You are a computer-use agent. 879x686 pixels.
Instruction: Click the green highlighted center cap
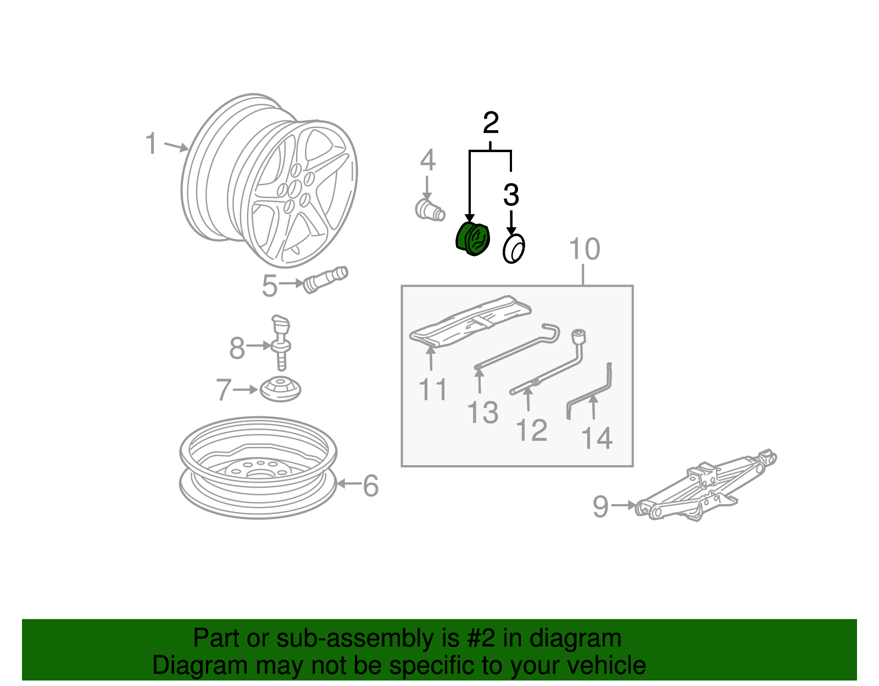coord(472,239)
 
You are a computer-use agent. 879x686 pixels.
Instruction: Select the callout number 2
coord(491,123)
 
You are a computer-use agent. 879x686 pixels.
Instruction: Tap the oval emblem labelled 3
coord(514,249)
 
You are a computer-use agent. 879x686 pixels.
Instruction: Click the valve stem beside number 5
coord(325,280)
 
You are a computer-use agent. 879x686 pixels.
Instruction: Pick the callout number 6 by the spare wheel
coord(370,486)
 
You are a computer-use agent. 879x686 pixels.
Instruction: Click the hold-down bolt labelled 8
coord(281,343)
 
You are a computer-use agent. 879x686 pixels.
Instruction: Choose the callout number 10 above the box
coord(584,249)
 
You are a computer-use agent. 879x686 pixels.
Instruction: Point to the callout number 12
coord(532,430)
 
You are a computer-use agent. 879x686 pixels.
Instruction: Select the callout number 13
coord(482,412)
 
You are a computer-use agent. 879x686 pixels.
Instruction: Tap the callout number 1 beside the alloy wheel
coord(151,143)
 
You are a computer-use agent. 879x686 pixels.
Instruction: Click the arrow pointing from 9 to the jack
coord(624,505)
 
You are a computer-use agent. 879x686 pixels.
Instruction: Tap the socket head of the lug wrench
coord(579,336)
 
